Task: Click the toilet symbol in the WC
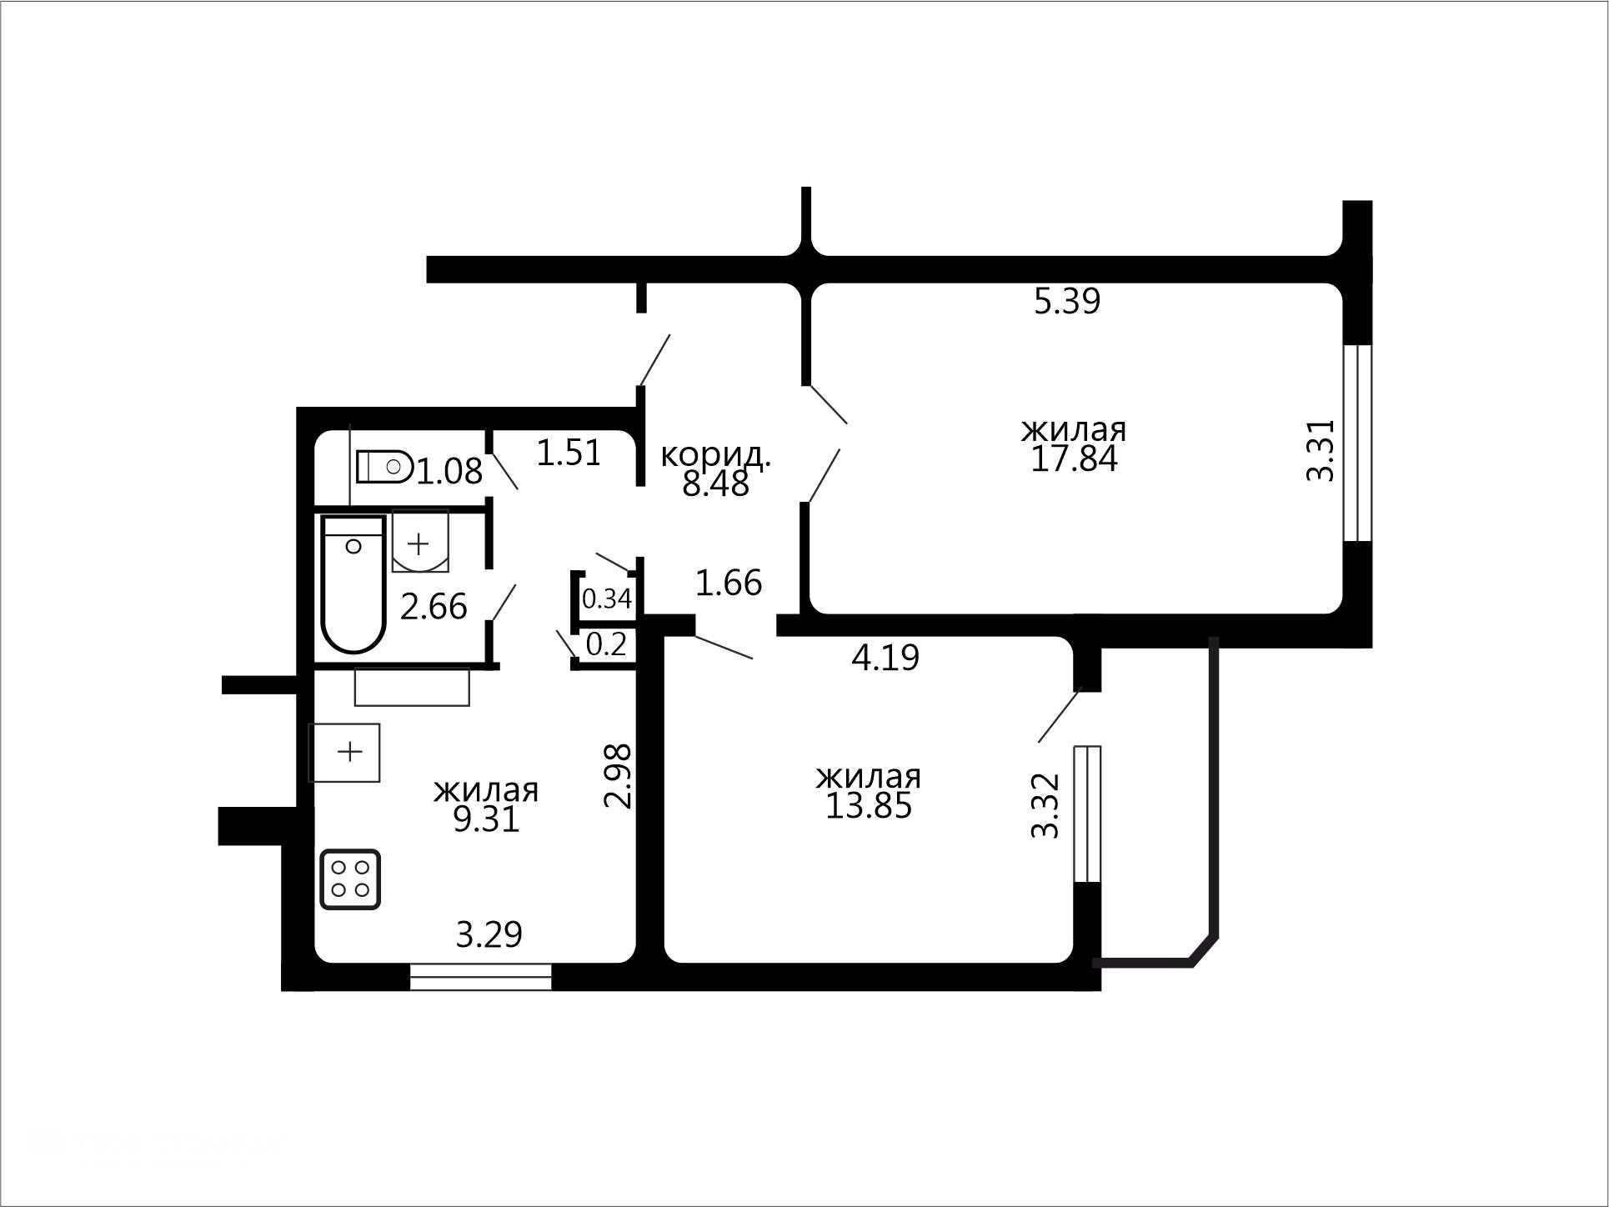click(384, 467)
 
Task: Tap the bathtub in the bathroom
click(353, 583)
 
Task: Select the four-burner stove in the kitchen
click(350, 879)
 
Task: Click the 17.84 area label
click(1074, 459)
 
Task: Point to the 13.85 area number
click(869, 806)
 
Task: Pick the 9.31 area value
click(486, 819)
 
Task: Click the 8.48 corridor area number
click(715, 483)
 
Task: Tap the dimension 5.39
click(1067, 301)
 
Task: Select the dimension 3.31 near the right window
click(1321, 450)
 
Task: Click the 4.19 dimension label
click(885, 658)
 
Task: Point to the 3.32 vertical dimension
click(1045, 805)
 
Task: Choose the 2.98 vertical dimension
click(618, 776)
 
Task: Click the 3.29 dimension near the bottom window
click(489, 934)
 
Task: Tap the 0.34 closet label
click(606, 598)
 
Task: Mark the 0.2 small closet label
click(606, 644)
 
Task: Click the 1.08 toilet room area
click(449, 472)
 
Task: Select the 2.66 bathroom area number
click(434, 607)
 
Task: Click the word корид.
click(715, 455)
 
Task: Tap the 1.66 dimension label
click(729, 583)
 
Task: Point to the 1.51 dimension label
click(569, 453)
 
